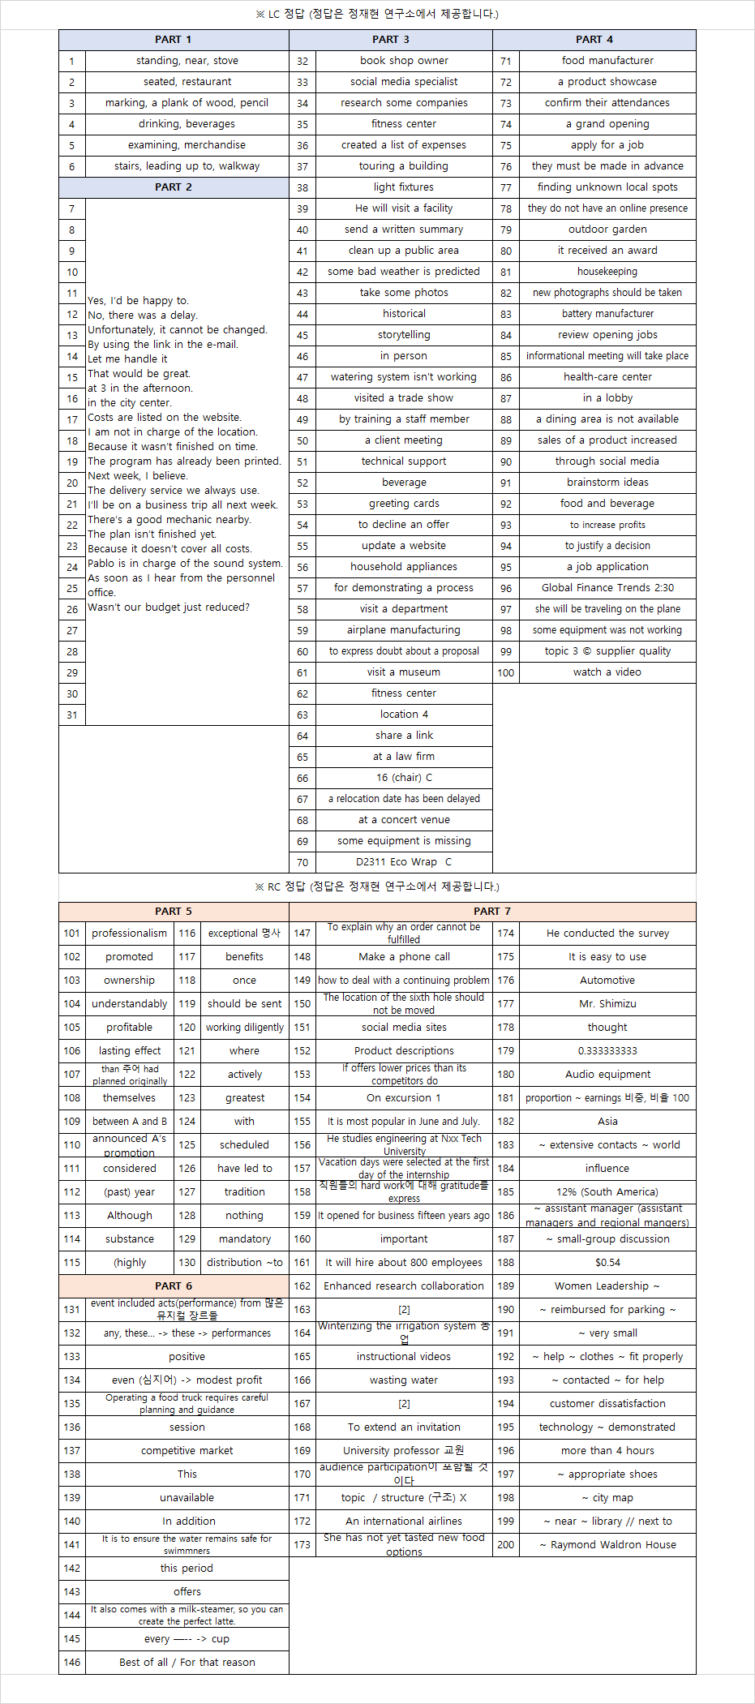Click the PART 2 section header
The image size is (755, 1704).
pyautogui.click(x=174, y=187)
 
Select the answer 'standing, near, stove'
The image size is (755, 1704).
pyautogui.click(x=187, y=61)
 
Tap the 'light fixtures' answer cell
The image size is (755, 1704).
pyautogui.click(x=404, y=187)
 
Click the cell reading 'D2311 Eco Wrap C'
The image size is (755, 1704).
pyautogui.click(x=404, y=862)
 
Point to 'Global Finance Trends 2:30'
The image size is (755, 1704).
pyautogui.click(x=607, y=588)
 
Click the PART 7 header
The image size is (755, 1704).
pyautogui.click(x=492, y=912)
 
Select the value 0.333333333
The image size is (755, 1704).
pyautogui.click(x=607, y=1051)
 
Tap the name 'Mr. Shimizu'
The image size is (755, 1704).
pyautogui.click(x=607, y=1004)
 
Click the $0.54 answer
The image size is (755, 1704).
pyautogui.click(x=607, y=1263)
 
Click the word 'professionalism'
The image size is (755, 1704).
pyautogui.click(x=130, y=934)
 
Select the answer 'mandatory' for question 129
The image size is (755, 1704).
pyautogui.click(x=245, y=1239)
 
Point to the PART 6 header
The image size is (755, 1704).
pyautogui.click(x=174, y=1286)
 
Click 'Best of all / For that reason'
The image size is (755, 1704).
pyautogui.click(x=187, y=1663)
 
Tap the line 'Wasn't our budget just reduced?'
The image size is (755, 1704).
pyautogui.click(x=169, y=607)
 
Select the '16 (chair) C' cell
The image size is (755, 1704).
pyautogui.click(x=404, y=778)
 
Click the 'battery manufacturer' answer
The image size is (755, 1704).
pyautogui.click(x=607, y=314)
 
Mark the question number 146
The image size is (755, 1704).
pyautogui.click(x=72, y=1663)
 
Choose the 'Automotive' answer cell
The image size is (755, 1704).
pyautogui.click(x=607, y=981)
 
